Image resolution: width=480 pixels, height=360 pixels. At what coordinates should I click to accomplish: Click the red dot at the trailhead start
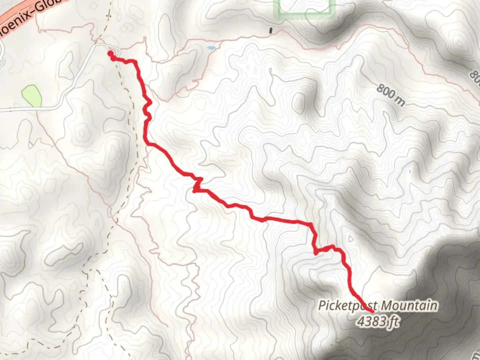point(110,53)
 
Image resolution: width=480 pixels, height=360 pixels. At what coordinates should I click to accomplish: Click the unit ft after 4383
point(394,322)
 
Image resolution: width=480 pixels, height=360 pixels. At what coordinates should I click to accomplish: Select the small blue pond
point(211,48)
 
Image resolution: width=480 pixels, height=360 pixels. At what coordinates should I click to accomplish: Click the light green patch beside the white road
point(32,95)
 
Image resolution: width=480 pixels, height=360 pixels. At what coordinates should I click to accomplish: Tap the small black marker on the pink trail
point(271,31)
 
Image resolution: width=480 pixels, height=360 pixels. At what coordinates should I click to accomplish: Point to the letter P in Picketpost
point(322,306)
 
